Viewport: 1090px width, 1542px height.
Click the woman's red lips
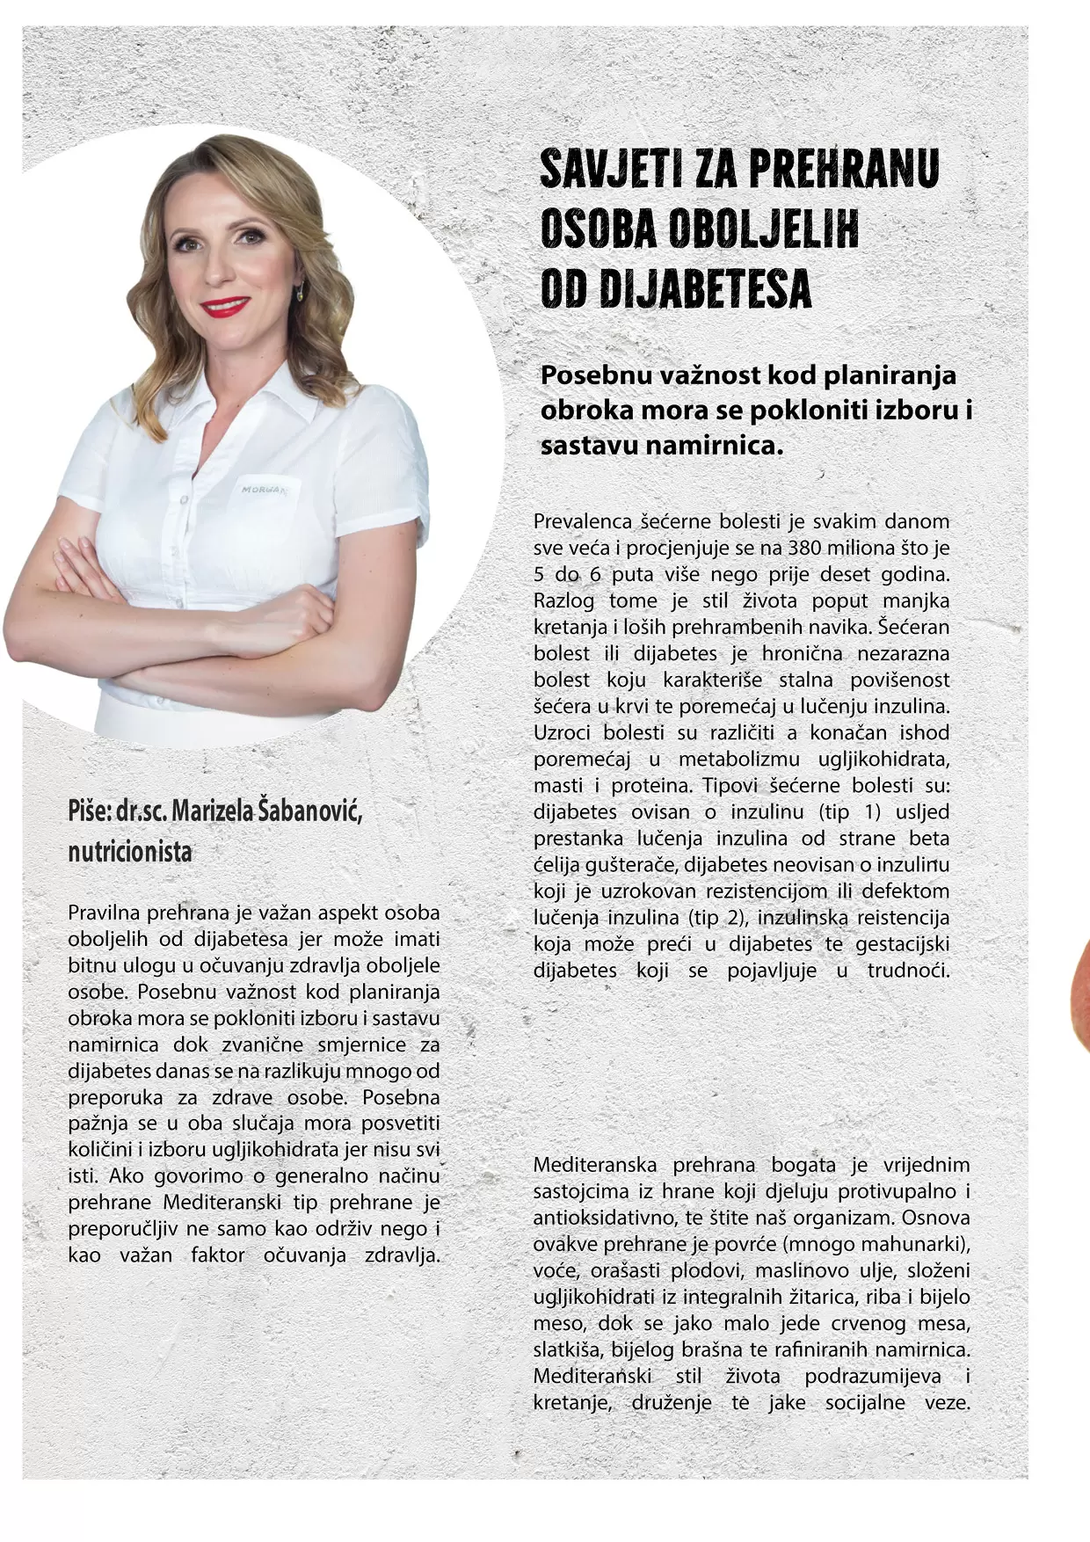click(225, 307)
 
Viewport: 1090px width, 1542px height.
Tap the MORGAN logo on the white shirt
click(264, 490)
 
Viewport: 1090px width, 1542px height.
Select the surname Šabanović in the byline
click(309, 811)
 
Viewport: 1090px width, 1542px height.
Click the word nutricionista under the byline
click(130, 851)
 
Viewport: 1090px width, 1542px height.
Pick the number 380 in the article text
click(805, 548)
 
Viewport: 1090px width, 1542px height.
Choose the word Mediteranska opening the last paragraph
click(595, 1165)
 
